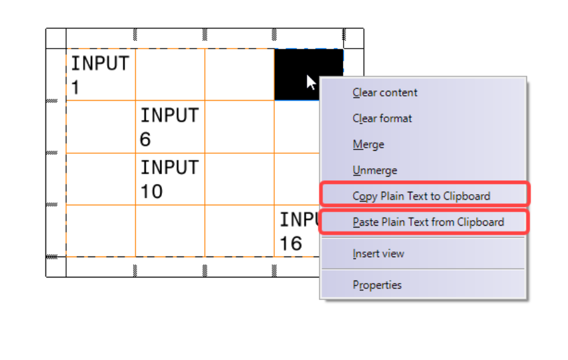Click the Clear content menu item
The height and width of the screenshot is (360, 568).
pos(385,93)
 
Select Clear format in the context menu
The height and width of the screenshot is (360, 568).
pos(382,119)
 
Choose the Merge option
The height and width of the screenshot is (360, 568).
pos(368,144)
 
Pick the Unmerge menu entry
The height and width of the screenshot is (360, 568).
pos(375,170)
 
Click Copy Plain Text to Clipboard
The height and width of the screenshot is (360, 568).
pos(421,196)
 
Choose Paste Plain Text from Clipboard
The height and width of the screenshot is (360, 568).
pos(429,222)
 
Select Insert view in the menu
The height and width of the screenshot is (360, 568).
pos(378,253)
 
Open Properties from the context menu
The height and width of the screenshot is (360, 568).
pos(377,285)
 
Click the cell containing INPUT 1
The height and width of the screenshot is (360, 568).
pos(101,74)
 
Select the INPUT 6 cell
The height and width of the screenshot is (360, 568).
pos(170,127)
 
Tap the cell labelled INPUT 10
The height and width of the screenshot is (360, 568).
pos(170,179)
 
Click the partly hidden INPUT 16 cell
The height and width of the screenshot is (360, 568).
pos(297,231)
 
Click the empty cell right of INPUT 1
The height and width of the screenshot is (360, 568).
pos(170,74)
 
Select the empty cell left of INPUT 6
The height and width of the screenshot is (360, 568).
pos(101,127)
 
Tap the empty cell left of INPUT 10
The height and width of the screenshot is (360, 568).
pos(101,179)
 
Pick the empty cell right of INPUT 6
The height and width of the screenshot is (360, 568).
pos(240,127)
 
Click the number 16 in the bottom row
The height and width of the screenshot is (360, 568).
pos(291,243)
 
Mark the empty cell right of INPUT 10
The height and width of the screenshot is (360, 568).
pos(240,179)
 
